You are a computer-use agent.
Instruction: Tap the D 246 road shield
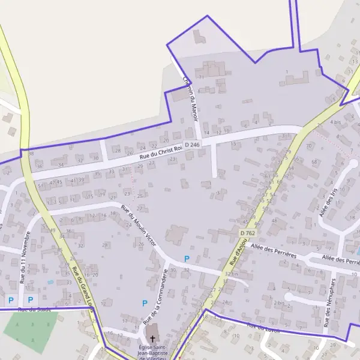click(192, 145)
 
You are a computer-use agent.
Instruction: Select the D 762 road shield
click(247, 233)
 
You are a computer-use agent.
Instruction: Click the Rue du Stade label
click(35, 310)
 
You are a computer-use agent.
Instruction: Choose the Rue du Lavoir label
click(263, 328)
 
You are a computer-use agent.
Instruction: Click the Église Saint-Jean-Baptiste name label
click(152, 352)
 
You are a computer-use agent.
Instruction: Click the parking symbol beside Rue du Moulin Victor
click(187, 259)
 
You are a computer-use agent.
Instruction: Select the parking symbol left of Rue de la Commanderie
click(145, 304)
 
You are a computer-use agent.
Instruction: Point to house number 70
click(309, 146)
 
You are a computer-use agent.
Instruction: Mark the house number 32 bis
click(231, 274)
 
